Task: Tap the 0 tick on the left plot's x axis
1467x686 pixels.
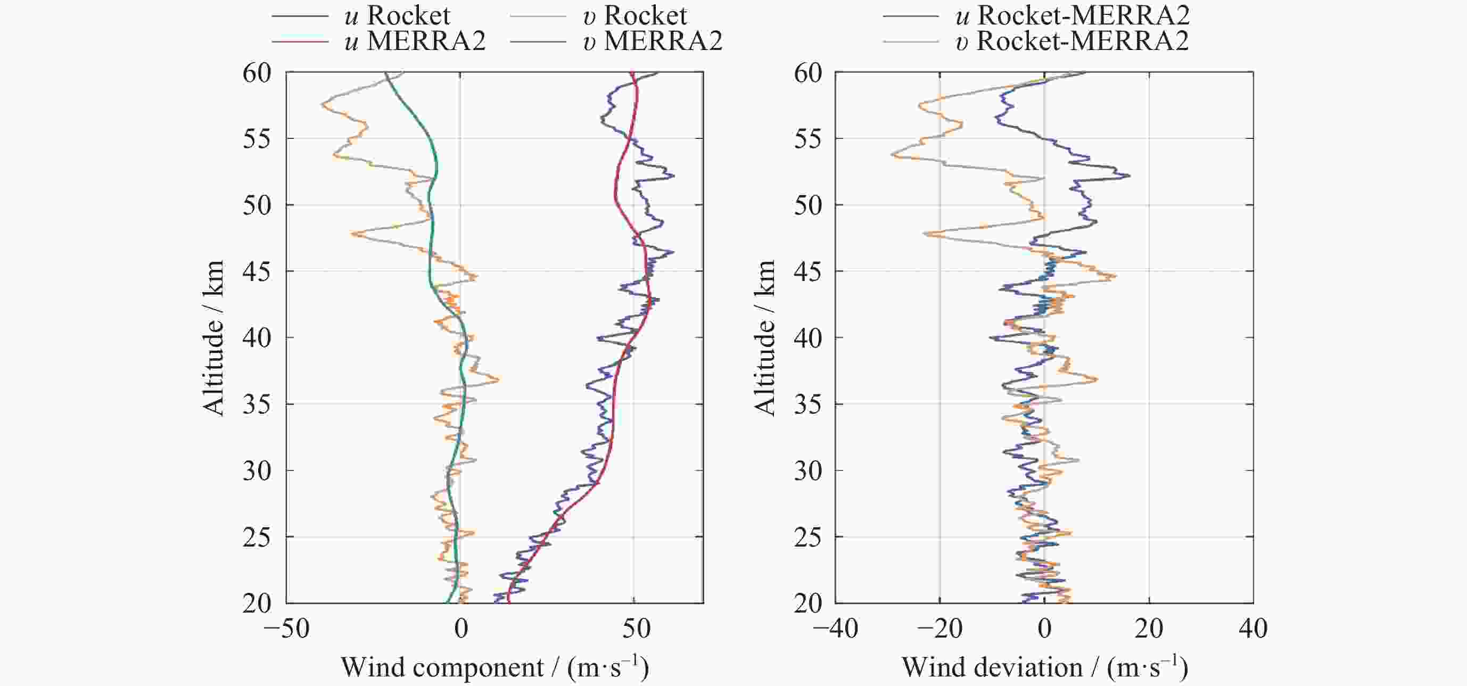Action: pyautogui.click(x=461, y=629)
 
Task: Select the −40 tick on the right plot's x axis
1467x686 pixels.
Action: pyautogui.click(x=835, y=629)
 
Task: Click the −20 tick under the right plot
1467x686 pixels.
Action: pyautogui.click(x=939, y=629)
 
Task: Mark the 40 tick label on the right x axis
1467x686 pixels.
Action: pyautogui.click(x=1254, y=629)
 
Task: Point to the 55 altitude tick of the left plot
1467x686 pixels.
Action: pyautogui.click(x=257, y=138)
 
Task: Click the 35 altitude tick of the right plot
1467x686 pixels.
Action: pyautogui.click(x=808, y=404)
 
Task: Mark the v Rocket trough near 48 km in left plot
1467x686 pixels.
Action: pyautogui.click(x=353, y=234)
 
